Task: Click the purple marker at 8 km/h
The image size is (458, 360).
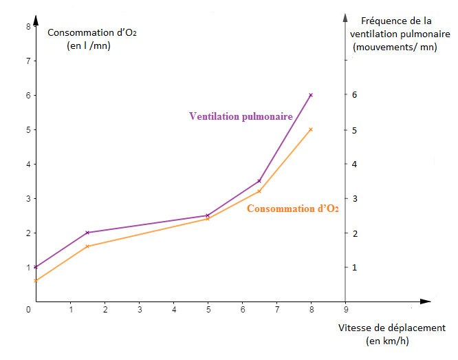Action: click(311, 95)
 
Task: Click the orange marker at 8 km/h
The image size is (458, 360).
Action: click(311, 129)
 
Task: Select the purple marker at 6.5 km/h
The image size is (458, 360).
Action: click(259, 181)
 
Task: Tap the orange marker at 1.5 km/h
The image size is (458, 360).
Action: click(87, 246)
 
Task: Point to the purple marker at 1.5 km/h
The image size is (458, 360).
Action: click(87, 233)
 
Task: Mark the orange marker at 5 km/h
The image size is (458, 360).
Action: click(208, 219)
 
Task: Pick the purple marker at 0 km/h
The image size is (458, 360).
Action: click(36, 267)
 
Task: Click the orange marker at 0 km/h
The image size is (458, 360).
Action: click(36, 281)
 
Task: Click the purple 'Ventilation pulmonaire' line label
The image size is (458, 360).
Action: click(241, 116)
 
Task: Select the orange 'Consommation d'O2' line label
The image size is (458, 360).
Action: click(292, 209)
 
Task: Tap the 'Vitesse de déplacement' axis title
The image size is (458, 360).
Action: click(392, 328)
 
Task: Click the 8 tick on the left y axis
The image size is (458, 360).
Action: click(28, 26)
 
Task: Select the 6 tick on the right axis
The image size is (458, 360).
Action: click(355, 95)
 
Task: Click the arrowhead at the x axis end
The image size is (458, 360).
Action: click(426, 301)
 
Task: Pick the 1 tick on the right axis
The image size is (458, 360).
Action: click(355, 267)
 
